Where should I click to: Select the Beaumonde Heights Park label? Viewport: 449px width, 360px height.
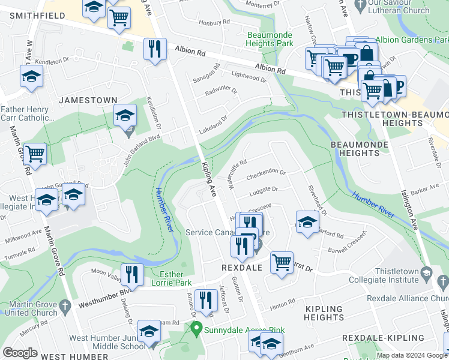pos(270,39)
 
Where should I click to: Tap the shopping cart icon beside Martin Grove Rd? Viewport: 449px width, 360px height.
pos(35,154)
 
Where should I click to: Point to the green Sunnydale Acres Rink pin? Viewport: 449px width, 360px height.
pos(196,328)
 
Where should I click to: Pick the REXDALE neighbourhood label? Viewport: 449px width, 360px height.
pos(242,268)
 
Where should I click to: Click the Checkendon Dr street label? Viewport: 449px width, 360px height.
pos(266,172)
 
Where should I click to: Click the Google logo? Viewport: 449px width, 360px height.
pos(20,353)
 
